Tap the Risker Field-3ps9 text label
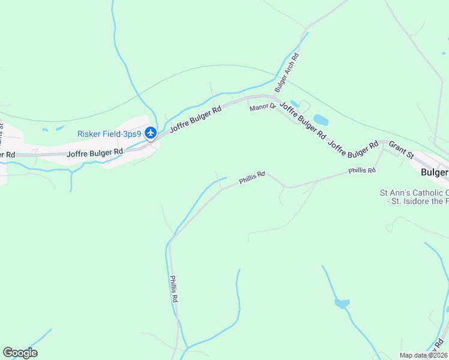tap(109, 134)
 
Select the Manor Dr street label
tap(262, 107)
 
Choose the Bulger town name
tap(435, 172)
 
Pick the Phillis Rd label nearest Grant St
tap(362, 171)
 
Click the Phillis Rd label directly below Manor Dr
tap(252, 178)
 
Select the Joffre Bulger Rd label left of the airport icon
tap(95, 154)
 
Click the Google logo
tap(20, 353)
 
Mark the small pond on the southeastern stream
tap(342, 304)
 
